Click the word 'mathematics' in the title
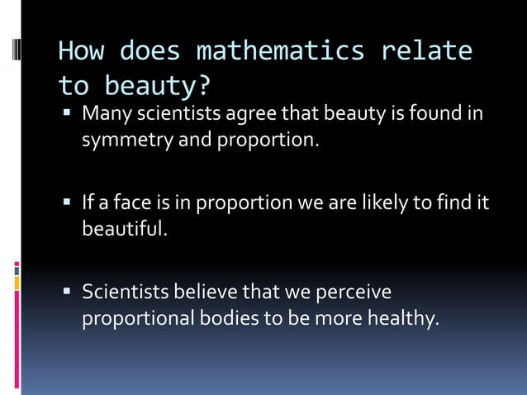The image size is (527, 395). (x=280, y=51)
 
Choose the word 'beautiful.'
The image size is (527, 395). (x=125, y=228)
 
